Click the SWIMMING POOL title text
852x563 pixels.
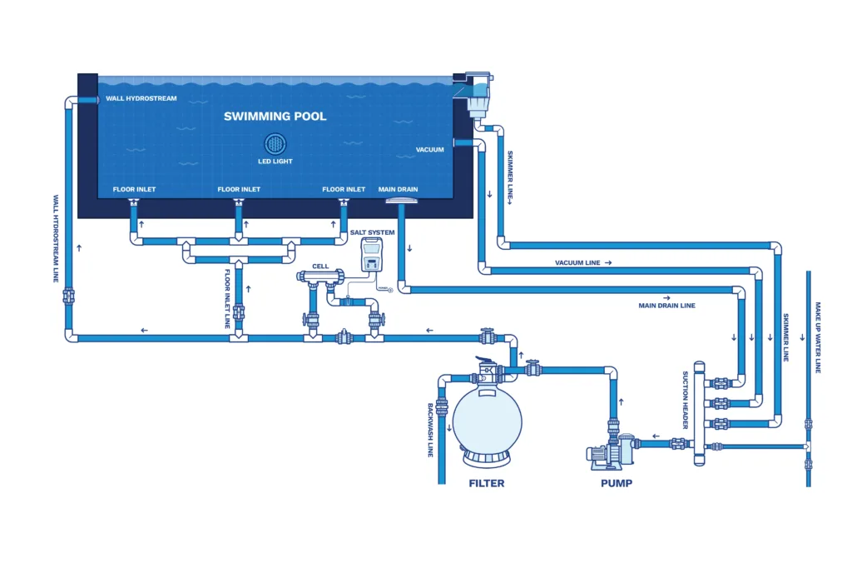click(x=275, y=117)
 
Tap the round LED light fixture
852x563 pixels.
click(x=275, y=143)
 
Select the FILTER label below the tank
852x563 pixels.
click(x=486, y=483)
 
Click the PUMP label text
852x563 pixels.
click(x=616, y=483)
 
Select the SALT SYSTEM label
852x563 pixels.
click(x=372, y=232)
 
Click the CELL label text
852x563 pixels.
click(x=320, y=267)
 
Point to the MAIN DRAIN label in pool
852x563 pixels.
click(x=398, y=190)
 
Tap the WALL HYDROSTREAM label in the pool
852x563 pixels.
click(x=141, y=99)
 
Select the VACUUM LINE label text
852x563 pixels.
click(x=582, y=263)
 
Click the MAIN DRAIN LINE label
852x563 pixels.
click(x=666, y=306)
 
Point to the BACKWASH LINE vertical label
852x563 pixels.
click(x=431, y=430)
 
